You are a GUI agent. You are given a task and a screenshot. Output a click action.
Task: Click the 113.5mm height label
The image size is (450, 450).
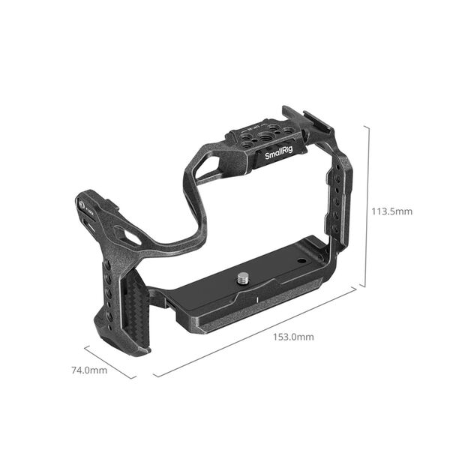click(x=392, y=211)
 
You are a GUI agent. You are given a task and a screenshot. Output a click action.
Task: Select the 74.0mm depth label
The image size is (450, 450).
click(x=89, y=370)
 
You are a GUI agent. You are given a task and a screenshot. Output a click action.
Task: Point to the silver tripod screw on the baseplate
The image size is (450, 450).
click(x=244, y=280)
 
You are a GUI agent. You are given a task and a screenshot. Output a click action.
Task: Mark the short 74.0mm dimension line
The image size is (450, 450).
click(x=109, y=361)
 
